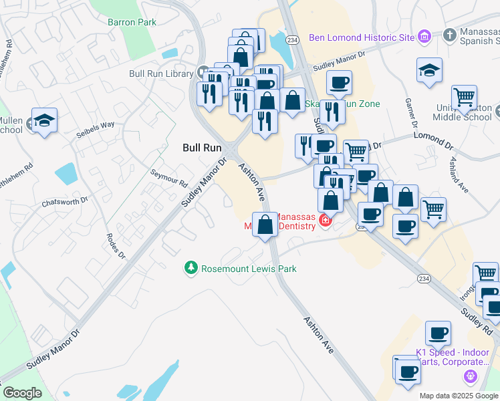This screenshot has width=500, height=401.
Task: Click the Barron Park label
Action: tap(132, 22)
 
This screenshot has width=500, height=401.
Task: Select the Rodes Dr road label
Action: tap(115, 246)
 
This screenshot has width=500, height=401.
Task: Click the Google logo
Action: tap(22, 393)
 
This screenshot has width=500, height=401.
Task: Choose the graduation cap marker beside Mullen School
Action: tap(45, 120)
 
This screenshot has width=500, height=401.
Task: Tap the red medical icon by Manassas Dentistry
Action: tap(326, 220)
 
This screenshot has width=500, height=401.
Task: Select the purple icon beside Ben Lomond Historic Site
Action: tap(424, 37)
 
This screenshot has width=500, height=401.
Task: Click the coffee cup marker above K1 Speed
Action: tap(438, 333)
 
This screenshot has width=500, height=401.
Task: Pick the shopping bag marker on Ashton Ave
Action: tap(265, 224)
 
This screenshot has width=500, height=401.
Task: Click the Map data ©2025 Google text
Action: tap(458, 396)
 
